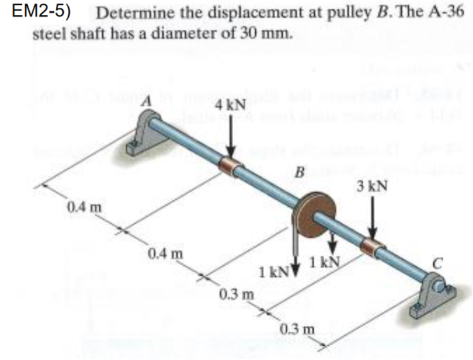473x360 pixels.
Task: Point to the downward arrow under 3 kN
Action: [372, 217]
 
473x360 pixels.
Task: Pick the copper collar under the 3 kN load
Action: [373, 247]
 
